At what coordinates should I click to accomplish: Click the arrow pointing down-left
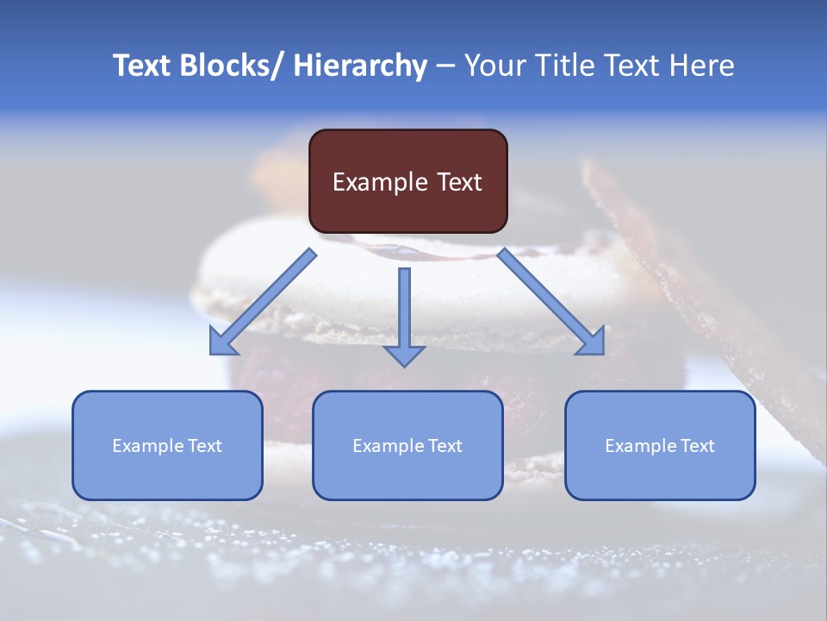[264, 302]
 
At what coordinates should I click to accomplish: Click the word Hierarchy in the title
[360, 66]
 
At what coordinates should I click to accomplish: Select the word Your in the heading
[493, 66]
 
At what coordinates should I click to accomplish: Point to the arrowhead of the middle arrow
[404, 354]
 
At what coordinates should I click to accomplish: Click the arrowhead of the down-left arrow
[222, 342]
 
